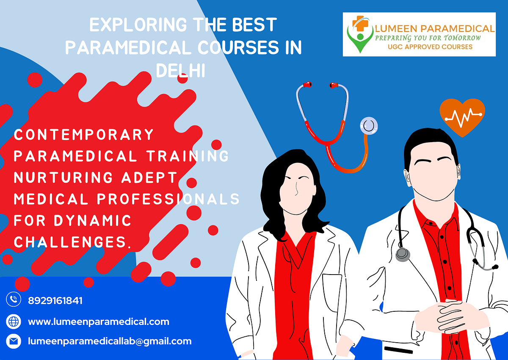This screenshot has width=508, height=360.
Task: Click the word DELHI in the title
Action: click(x=181, y=70)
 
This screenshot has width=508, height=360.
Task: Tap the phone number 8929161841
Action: click(x=55, y=301)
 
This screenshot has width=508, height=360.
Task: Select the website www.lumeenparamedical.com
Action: click(x=99, y=322)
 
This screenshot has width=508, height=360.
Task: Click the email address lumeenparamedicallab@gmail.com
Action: click(x=110, y=341)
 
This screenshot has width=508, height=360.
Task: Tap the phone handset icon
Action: click(x=14, y=300)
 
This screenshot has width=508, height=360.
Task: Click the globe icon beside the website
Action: click(x=14, y=322)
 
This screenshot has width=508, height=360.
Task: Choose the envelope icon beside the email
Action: click(x=14, y=341)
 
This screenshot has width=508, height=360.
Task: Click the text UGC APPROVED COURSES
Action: click(x=430, y=47)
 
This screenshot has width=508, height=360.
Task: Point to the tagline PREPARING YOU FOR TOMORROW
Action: click(x=428, y=38)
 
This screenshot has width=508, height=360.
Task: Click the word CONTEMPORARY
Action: click(x=84, y=135)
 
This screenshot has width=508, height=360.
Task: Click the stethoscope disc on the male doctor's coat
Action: click(x=403, y=254)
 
